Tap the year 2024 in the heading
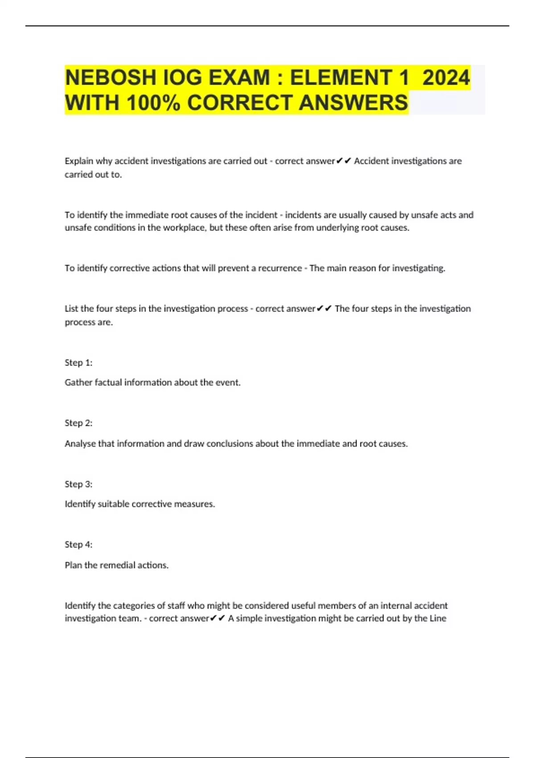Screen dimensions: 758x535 pos(446,78)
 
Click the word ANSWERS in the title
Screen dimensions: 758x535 pos(353,103)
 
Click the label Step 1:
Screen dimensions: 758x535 pos(78,363)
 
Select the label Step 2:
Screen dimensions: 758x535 pos(78,423)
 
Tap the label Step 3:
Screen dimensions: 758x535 pos(78,484)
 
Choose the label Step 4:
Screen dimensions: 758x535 pos(78,544)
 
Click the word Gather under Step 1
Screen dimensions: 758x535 pos(78,383)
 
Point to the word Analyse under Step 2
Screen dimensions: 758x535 pos(81,444)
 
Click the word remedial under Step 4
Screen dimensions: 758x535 pos(117,565)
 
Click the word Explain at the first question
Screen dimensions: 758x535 pos(79,161)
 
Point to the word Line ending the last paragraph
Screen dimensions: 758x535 pos(438,618)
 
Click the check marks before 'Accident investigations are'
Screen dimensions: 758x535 pos(344,161)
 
